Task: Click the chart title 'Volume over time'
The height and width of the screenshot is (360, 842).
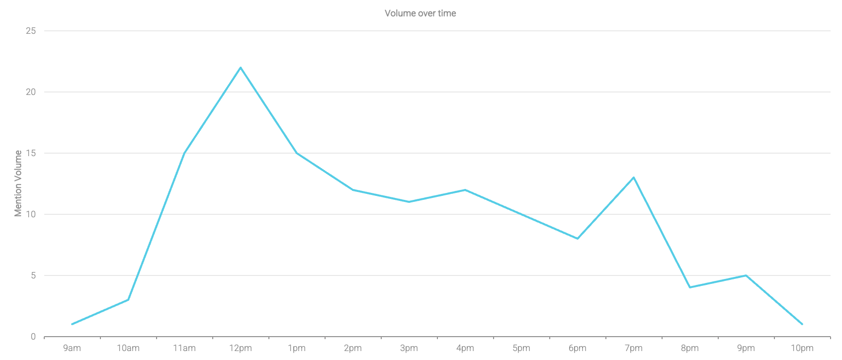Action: pyautogui.click(x=420, y=13)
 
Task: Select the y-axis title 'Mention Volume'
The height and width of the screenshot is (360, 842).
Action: pyautogui.click(x=18, y=183)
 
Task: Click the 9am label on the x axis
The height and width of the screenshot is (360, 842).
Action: pyautogui.click(x=72, y=348)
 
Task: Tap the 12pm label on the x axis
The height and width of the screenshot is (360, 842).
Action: pyautogui.click(x=241, y=348)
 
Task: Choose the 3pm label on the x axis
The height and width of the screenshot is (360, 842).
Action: pyautogui.click(x=409, y=348)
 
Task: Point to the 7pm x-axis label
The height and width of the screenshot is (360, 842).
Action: pyautogui.click(x=634, y=348)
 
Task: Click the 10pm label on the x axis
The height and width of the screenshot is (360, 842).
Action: pyautogui.click(x=802, y=348)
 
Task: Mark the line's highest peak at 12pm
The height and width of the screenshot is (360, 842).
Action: pyautogui.click(x=241, y=68)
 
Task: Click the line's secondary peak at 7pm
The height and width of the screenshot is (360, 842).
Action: pyautogui.click(x=634, y=178)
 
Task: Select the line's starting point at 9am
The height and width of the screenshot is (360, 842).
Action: pyautogui.click(x=72, y=324)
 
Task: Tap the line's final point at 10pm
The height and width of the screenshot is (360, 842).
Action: pyautogui.click(x=802, y=324)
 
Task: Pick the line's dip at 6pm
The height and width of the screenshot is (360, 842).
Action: pyautogui.click(x=578, y=239)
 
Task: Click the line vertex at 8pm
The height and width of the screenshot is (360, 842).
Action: pyautogui.click(x=690, y=287)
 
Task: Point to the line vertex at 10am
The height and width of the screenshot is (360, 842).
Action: pyautogui.click(x=128, y=300)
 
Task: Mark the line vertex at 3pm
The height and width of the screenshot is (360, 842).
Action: pyautogui.click(x=409, y=202)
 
